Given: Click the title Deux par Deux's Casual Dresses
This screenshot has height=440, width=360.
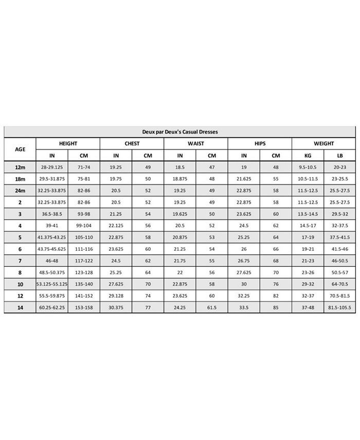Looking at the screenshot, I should [180, 132].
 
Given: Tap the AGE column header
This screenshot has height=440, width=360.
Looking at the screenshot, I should [20, 149].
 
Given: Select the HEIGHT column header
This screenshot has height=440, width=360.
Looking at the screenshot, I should [68, 143].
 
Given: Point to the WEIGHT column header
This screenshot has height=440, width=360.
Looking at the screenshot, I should [323, 143].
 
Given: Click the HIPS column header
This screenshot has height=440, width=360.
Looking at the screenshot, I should [260, 143].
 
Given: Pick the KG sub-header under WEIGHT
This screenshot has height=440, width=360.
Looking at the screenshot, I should [308, 155].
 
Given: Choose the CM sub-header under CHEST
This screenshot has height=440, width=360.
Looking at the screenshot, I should [148, 155].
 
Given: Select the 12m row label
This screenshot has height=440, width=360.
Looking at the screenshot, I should [20, 167].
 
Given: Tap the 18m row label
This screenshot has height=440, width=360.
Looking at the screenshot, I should [20, 178].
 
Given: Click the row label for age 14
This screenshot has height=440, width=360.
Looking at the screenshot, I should [20, 307].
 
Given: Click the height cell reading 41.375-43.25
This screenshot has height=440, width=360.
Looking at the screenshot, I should [51, 237].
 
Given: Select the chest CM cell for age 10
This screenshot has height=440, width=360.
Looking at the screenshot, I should [148, 284].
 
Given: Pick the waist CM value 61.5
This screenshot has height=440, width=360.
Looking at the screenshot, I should [212, 307].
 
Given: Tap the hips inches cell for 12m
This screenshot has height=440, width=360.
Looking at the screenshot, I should [244, 167].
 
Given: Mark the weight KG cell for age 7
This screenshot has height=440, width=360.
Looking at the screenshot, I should [308, 261].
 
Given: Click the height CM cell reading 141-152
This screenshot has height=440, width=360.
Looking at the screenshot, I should [84, 296].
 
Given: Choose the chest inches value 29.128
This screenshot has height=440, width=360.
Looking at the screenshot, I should [116, 296].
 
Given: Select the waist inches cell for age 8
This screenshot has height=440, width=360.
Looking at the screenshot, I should [180, 272].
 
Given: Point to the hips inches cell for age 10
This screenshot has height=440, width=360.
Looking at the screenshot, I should [244, 284].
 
